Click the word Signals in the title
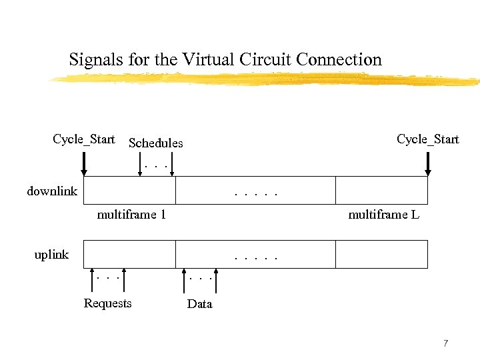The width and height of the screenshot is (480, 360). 91,60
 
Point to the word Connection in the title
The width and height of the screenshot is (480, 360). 339,60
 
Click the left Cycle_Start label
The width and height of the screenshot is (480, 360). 84,139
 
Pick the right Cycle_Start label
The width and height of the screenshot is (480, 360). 428,139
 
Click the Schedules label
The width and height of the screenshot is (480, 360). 155,143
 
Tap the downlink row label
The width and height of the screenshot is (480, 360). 52,192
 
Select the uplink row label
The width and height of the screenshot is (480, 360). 51,255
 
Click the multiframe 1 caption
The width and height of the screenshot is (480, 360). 131,215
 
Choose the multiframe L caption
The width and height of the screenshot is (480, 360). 383,215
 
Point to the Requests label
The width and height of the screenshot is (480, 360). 107,304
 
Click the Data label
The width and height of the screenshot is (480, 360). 199,305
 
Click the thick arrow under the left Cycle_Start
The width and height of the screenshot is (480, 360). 84,163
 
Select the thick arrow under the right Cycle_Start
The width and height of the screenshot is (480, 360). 428,163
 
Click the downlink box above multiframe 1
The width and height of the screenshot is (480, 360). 129,190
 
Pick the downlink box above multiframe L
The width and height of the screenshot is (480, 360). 381,190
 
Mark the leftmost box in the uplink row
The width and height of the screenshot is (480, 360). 129,254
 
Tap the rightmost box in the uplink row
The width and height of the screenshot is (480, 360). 381,254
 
